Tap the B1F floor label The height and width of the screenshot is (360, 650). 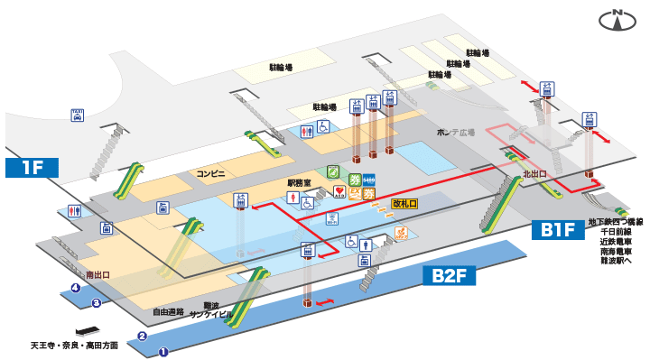click(x=558, y=231)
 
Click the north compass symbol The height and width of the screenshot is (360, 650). click(x=618, y=20)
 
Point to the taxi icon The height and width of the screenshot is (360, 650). click(x=78, y=115)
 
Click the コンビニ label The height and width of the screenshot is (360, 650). click(x=210, y=171)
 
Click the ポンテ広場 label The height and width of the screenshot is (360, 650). click(x=455, y=133)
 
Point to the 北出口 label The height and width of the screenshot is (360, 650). click(x=535, y=171)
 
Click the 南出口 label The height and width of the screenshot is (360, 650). click(x=97, y=274)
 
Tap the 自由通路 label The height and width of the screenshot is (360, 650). click(x=168, y=311)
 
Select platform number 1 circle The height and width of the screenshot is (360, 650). click(x=163, y=352)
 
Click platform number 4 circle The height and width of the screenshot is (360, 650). click(x=76, y=289)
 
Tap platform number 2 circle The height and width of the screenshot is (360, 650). click(x=142, y=337)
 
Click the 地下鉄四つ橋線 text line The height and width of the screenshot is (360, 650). click(x=615, y=221)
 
